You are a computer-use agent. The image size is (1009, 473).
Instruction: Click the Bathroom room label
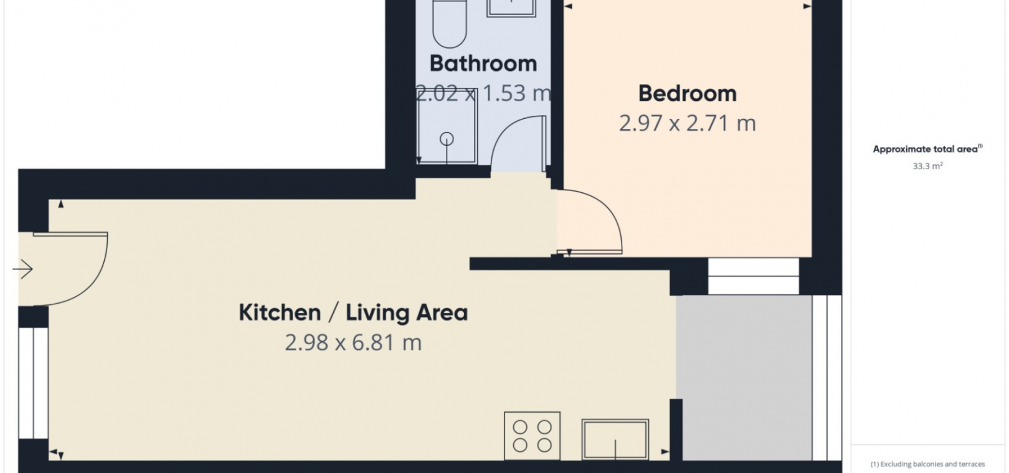483,63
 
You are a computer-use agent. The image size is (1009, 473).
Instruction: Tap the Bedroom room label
688,93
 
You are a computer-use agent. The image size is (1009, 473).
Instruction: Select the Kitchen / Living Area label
353,312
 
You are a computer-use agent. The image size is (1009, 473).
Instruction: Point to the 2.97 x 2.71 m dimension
688,123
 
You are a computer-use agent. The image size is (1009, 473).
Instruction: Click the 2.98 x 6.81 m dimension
353,342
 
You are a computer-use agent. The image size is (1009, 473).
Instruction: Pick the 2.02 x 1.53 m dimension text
483,93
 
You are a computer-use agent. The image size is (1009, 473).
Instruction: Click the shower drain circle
447,139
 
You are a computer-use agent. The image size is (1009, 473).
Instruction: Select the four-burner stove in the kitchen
532,436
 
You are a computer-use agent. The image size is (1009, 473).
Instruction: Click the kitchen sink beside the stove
615,439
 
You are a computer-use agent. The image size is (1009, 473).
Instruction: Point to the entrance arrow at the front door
22,269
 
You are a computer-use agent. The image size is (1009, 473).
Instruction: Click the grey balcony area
744,378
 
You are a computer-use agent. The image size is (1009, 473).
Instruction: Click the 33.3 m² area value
927,166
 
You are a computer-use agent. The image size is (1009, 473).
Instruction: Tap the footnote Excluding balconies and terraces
927,464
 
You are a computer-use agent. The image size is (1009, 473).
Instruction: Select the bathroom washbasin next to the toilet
511,8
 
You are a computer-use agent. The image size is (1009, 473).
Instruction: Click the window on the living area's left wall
34,383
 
